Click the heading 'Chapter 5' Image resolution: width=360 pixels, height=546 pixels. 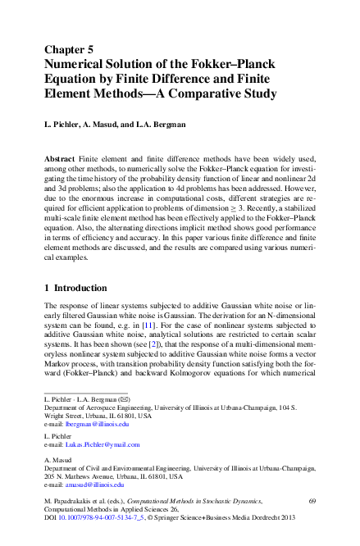click(x=74, y=48)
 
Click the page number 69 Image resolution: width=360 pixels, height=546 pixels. click(x=312, y=499)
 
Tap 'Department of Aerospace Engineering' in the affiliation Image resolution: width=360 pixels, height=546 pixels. click(x=96, y=407)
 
